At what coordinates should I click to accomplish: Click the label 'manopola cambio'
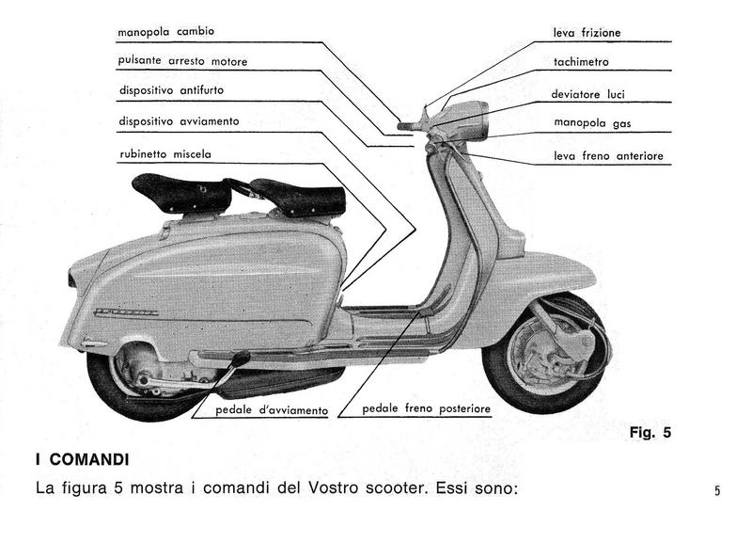(166, 32)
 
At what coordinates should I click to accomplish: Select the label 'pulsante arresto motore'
(183, 61)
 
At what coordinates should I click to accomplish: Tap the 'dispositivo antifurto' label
(172, 91)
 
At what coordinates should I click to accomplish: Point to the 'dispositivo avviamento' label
(180, 121)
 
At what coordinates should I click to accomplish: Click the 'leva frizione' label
(587, 33)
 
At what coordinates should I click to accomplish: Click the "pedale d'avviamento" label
(272, 410)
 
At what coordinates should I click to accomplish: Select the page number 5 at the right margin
(717, 490)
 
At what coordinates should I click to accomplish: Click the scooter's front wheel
(545, 355)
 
